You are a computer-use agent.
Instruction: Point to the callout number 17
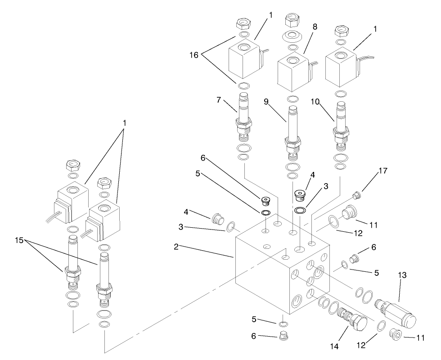(x=382, y=171)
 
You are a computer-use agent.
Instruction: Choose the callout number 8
(x=315, y=27)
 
